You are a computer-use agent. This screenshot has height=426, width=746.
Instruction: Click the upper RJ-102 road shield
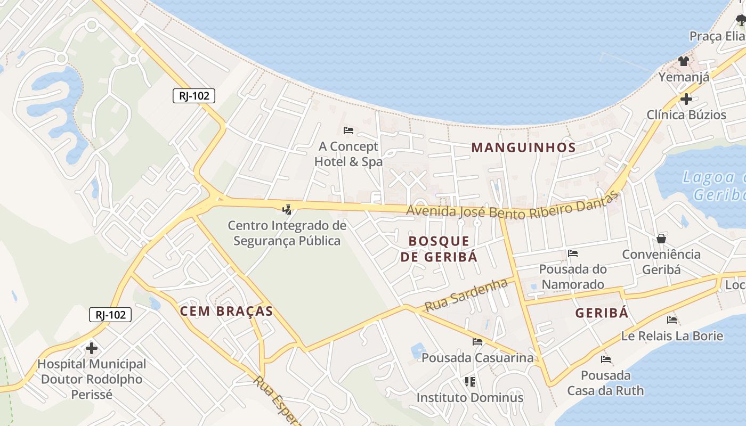coord(194,96)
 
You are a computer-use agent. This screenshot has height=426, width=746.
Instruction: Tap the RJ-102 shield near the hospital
coord(110,315)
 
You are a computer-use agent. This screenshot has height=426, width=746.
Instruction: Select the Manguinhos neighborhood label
coord(523,148)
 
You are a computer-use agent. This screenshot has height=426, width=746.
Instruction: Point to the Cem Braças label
coord(226,312)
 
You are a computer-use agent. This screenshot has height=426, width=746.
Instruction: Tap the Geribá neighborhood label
coord(602,313)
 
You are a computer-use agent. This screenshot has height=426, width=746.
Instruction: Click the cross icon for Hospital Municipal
coord(92,348)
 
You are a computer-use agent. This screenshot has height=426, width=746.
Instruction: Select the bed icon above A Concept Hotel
coord(348,130)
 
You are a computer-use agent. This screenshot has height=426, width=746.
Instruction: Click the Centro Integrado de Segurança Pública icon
coord(287,209)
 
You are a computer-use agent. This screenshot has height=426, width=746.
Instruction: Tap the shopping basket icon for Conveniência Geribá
coord(661,238)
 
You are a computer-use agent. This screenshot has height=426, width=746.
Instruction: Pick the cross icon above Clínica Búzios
coord(686,99)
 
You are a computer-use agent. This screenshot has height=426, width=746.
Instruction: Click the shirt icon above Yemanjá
coord(684,61)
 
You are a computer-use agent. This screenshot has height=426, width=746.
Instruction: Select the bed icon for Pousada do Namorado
coord(573,253)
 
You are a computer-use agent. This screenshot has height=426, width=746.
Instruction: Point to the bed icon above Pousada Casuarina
coord(477,341)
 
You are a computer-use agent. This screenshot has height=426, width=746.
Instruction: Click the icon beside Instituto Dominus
coord(469,381)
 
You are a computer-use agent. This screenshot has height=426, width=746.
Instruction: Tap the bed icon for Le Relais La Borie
coord(672,320)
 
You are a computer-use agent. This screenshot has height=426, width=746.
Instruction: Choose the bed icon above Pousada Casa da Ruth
coord(605,359)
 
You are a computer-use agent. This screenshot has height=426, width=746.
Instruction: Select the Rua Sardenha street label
coord(466,296)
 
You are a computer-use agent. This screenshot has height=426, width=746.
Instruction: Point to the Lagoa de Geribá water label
coord(714,185)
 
